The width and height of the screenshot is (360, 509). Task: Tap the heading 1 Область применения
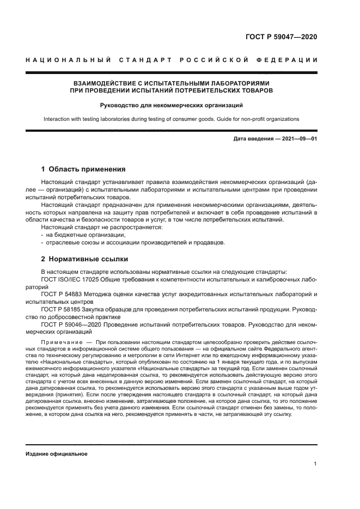pyautogui.click(x=83, y=169)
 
